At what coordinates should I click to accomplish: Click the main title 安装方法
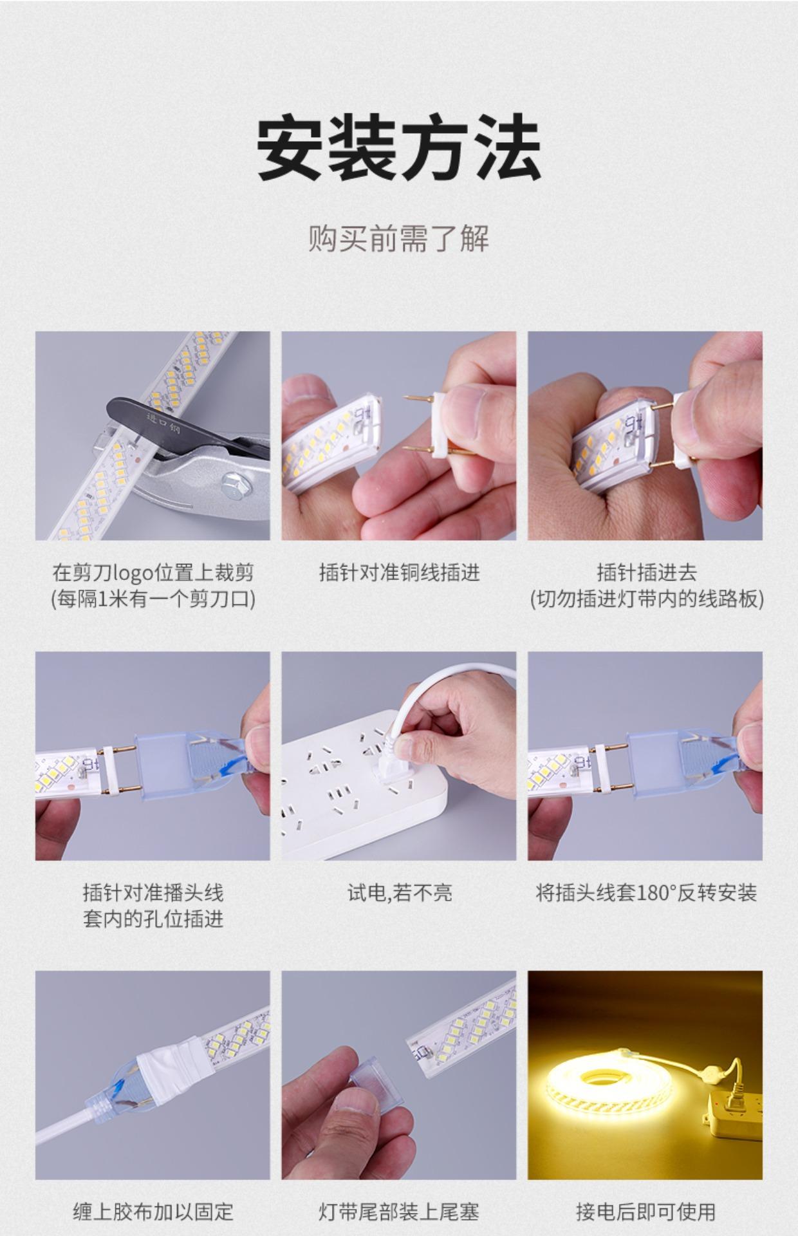tap(398, 147)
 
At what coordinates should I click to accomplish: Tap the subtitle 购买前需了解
tap(398, 238)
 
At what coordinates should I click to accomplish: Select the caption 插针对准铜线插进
tap(399, 572)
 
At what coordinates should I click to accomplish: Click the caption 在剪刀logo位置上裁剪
tap(153, 572)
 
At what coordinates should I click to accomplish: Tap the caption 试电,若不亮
tap(400, 892)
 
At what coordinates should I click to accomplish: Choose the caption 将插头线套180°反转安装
tap(645, 892)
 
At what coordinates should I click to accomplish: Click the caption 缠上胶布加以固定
tap(153, 1212)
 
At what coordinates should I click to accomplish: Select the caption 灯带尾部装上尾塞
tap(399, 1212)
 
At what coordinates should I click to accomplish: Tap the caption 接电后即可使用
tap(645, 1212)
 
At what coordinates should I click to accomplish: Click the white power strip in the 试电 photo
tap(360, 785)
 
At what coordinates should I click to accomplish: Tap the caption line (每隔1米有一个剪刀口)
tap(153, 599)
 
